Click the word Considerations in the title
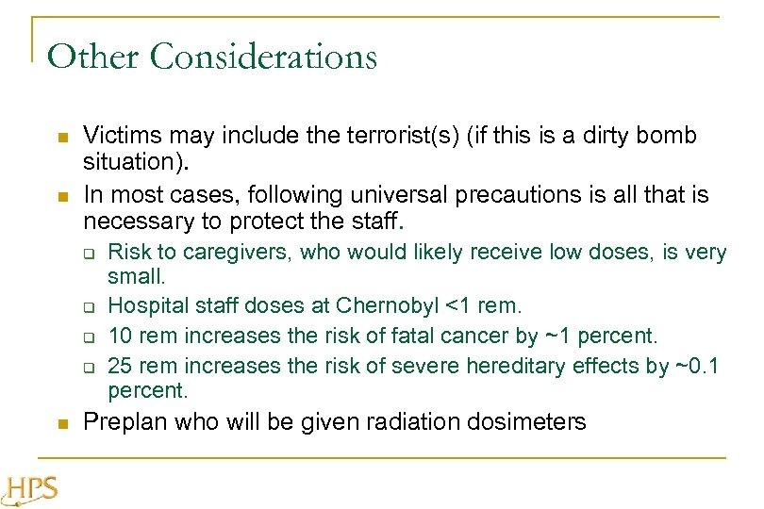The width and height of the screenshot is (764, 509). tap(263, 57)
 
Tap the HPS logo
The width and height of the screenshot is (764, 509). tap(32, 488)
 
